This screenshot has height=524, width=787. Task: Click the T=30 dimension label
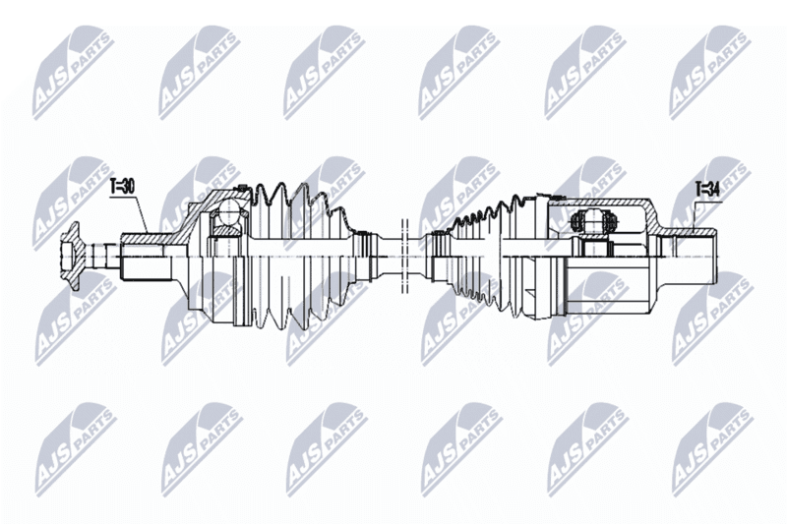[123, 187]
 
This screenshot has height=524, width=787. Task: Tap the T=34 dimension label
[707, 189]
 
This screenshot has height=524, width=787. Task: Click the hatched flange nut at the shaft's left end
[72, 256]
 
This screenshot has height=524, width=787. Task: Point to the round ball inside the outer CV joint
[230, 211]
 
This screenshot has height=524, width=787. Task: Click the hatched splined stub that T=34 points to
[692, 233]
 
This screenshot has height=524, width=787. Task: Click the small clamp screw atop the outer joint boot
[242, 188]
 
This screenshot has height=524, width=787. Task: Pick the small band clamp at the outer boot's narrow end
[364, 256]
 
